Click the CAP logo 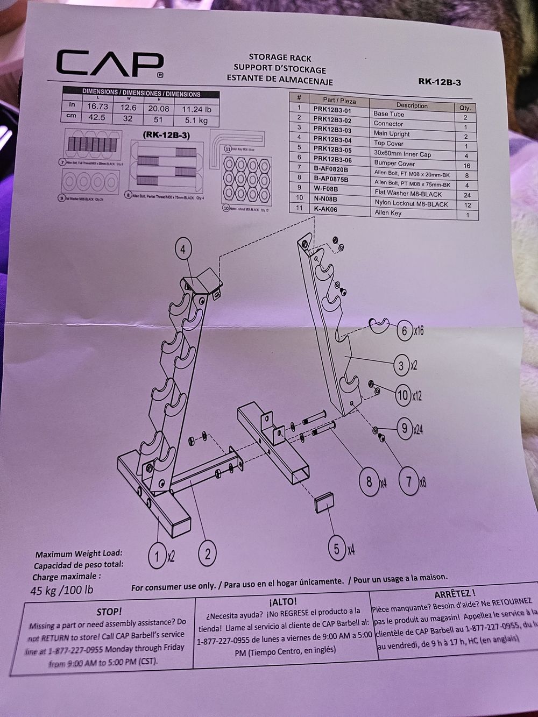tap(110, 65)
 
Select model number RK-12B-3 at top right tap(439, 82)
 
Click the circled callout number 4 tap(183, 250)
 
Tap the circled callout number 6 tap(405, 330)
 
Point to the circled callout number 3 tap(401, 367)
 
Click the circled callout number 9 tap(405, 429)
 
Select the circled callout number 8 tap(369, 481)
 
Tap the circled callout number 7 tap(409, 481)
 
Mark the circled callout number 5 tap(337, 549)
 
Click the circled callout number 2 tap(207, 553)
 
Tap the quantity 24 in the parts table tap(466, 195)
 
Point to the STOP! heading tap(109, 612)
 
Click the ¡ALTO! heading tap(282, 601)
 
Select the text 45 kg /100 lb tap(62, 590)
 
